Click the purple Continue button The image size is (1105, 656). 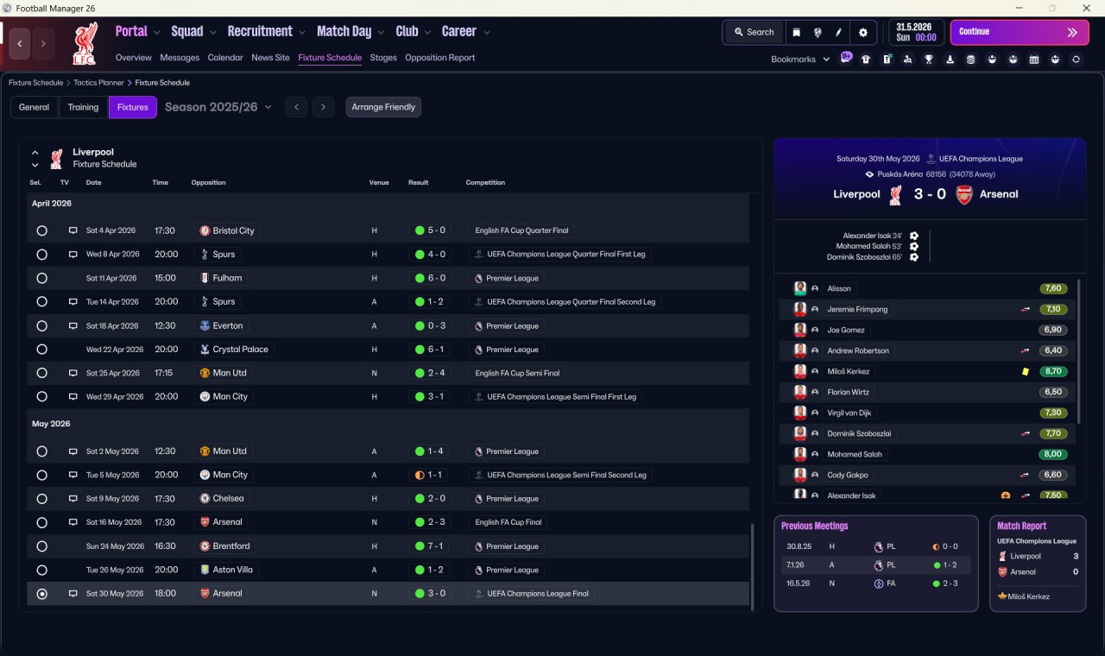click(x=1020, y=32)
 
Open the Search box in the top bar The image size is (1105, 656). click(x=754, y=32)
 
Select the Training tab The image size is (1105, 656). click(x=83, y=107)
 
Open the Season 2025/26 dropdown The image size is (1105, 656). click(x=218, y=107)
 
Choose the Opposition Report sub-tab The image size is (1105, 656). click(x=439, y=58)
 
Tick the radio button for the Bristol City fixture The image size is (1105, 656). click(x=42, y=230)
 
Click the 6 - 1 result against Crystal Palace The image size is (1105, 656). click(x=430, y=350)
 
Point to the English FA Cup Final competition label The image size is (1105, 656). click(x=508, y=522)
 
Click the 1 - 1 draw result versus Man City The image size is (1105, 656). click(x=429, y=475)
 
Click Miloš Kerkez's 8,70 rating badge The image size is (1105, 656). click(x=1052, y=371)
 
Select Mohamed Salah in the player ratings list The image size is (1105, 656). click(x=855, y=454)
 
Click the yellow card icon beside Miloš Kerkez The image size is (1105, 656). click(x=1025, y=371)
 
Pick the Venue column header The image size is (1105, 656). click(x=379, y=182)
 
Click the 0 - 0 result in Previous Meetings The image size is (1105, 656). click(x=945, y=546)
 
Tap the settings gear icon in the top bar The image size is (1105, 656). click(x=862, y=33)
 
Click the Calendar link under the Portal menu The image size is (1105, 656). click(x=225, y=58)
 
